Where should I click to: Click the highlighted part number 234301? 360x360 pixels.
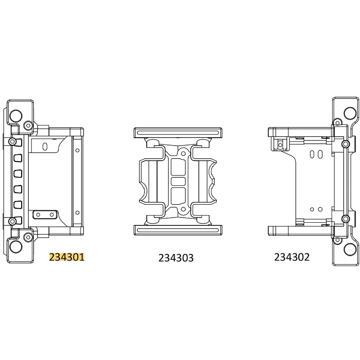pyautogui.click(x=67, y=257)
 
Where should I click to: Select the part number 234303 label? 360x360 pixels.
pyautogui.click(x=176, y=258)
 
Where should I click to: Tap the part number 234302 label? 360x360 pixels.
pyautogui.click(x=292, y=257)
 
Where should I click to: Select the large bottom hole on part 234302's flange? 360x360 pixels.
pyautogui.click(x=349, y=248)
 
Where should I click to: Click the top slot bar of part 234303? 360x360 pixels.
pyautogui.click(x=179, y=133)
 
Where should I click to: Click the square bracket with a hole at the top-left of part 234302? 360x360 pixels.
pyautogui.click(x=280, y=143)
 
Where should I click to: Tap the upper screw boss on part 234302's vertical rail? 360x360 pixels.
pyautogui.click(x=345, y=144)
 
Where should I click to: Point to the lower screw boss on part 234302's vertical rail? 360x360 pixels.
pyautogui.click(x=345, y=219)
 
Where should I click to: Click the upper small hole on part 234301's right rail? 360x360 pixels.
pyautogui.click(x=77, y=149)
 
